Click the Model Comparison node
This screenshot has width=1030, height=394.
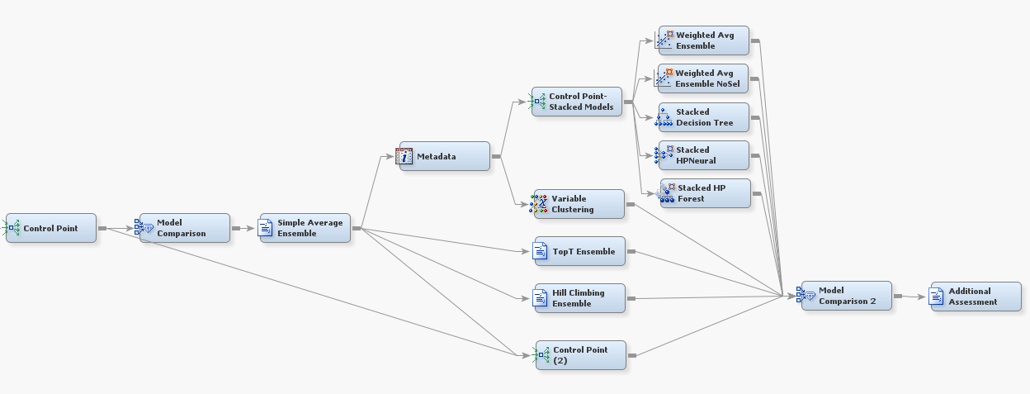click(x=184, y=228)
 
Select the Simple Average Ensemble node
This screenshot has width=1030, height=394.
click(x=305, y=228)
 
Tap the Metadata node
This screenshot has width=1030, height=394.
click(x=443, y=156)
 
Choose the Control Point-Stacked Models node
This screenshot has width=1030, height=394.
click(x=576, y=102)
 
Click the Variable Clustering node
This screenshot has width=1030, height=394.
click(x=578, y=204)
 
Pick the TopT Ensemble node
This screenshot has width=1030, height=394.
click(x=579, y=251)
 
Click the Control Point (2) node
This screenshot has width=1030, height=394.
click(x=580, y=355)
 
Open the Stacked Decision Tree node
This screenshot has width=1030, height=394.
click(x=704, y=117)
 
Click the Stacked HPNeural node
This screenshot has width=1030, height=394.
click(x=704, y=155)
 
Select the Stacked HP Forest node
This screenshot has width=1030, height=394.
click(x=706, y=193)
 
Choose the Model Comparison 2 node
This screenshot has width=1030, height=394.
click(x=846, y=296)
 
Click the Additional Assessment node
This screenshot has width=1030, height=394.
click(x=975, y=296)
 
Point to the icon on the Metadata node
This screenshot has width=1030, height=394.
click(x=404, y=156)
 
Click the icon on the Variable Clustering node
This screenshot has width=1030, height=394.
click(x=539, y=204)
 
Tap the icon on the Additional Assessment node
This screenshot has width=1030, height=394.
click(x=938, y=296)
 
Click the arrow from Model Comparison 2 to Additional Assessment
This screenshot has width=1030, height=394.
click(x=910, y=296)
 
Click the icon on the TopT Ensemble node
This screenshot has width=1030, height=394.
click(x=541, y=251)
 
